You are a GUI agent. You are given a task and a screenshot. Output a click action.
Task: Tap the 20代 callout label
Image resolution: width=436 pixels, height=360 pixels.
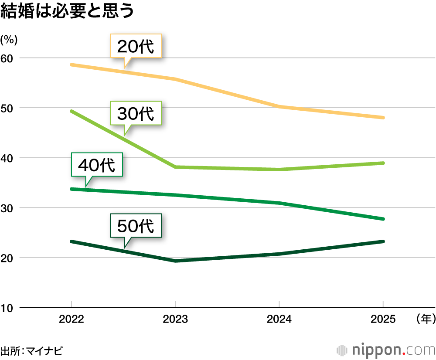tap(136, 46)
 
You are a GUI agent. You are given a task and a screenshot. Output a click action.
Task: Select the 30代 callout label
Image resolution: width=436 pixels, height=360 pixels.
tap(136, 113)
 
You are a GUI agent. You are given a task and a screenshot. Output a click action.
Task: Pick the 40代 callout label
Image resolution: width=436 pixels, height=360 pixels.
tap(96, 165)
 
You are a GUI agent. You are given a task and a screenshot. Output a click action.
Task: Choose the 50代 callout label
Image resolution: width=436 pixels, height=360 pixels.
tap(136, 225)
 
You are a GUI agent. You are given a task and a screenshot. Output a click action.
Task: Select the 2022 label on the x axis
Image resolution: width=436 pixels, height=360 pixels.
tap(72, 319)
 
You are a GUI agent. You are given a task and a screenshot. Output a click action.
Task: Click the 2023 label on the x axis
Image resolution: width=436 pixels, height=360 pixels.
tap(175, 319)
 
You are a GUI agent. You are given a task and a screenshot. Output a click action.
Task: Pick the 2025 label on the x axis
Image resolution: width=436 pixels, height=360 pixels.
tap(383, 319)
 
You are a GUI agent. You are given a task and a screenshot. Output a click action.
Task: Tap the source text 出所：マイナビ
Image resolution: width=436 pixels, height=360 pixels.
tap(32, 350)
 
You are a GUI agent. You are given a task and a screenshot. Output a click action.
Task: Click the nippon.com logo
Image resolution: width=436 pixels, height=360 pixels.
tap(386, 350)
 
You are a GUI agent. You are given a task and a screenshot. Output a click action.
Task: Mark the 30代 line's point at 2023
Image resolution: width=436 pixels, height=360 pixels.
tap(175, 167)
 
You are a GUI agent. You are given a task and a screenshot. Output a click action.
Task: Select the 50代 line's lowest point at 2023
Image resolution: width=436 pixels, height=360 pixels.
tap(175, 261)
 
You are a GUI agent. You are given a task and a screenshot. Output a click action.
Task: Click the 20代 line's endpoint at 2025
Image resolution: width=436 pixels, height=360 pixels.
tap(383, 118)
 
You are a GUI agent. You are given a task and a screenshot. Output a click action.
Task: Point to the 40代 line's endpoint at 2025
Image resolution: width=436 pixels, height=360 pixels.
tap(383, 219)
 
